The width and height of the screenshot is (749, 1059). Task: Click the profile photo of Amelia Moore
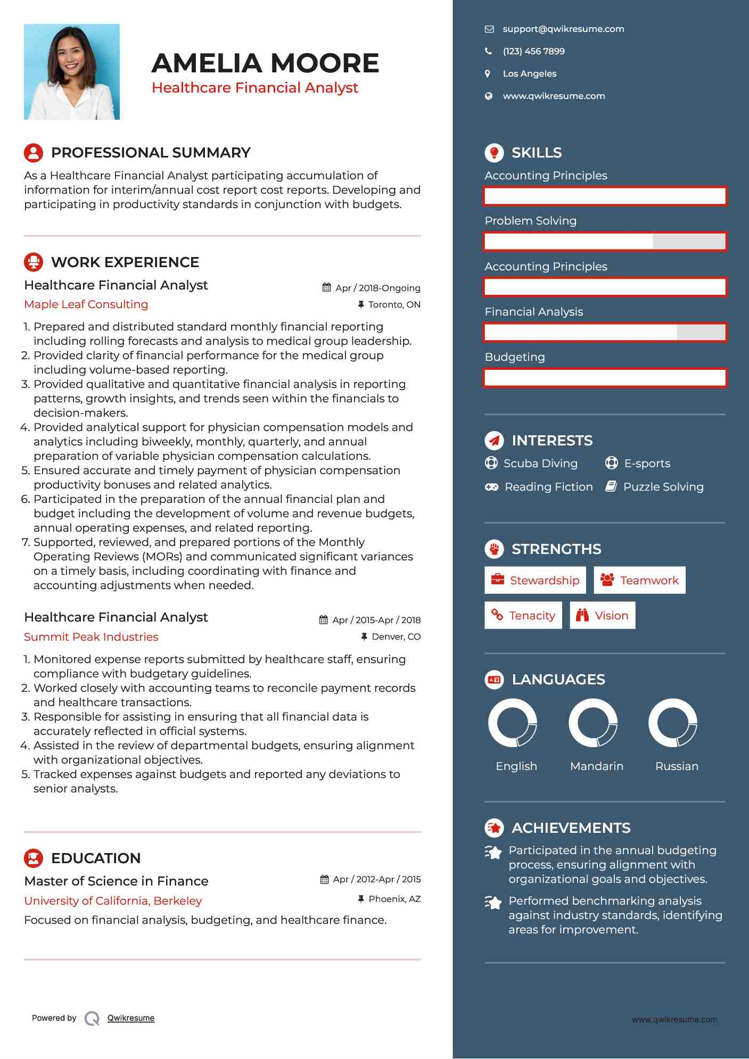point(72,72)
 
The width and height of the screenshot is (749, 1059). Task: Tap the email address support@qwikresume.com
point(563,29)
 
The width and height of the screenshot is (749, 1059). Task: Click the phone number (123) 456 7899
point(533,52)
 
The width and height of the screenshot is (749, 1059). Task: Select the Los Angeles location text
point(529,74)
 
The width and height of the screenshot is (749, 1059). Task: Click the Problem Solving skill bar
point(605,242)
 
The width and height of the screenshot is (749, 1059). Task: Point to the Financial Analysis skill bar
point(605,333)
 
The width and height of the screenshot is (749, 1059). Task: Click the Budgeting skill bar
point(605,378)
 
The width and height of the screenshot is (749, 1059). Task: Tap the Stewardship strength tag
point(535,580)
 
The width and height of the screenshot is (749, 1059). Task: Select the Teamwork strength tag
point(639,580)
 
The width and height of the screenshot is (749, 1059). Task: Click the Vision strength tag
point(602,616)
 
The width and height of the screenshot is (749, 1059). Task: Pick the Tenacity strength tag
point(523,616)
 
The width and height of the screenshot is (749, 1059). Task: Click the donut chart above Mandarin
point(592,723)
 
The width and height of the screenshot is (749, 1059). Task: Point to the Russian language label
point(677,766)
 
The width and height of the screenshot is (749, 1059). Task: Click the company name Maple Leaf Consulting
point(86,304)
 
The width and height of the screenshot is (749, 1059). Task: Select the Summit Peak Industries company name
point(91,637)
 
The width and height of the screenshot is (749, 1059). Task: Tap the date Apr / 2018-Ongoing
point(377,288)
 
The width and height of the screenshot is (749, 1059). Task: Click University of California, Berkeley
point(113,901)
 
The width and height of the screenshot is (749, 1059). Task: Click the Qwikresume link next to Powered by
point(131,1018)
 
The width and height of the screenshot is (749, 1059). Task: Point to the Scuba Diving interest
point(540,464)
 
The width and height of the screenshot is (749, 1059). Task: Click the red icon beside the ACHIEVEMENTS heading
point(494,828)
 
